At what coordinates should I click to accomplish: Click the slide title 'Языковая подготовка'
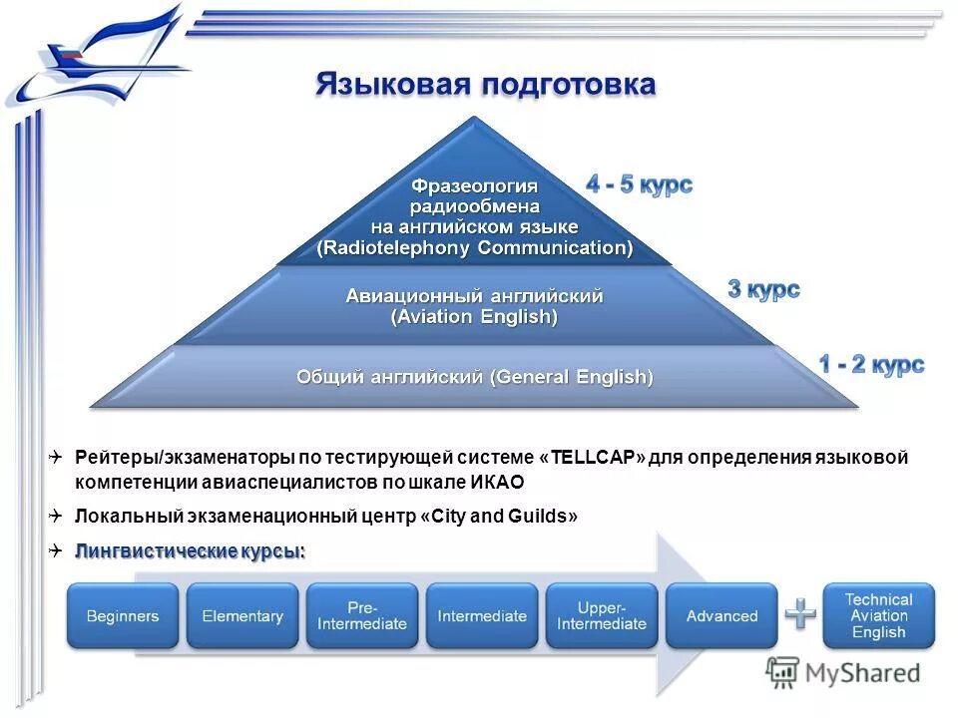coord(485,84)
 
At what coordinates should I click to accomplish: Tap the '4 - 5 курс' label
coord(639,184)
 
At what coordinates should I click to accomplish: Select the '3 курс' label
coord(763,290)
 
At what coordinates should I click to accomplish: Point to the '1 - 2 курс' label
coord(871,365)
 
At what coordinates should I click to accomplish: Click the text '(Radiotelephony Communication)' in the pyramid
coord(474,248)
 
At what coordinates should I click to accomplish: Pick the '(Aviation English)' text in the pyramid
coord(474,317)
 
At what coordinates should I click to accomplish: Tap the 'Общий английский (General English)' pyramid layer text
coord(474,377)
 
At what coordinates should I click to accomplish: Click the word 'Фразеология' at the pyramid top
coord(474,186)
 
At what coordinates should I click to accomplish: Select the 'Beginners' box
coord(123,616)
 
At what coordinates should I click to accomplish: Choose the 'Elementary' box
coord(242,616)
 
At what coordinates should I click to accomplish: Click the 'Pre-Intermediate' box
coord(362,616)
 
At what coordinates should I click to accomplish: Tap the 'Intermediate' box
coord(482,616)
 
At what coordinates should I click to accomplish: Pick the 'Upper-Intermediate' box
coord(602,616)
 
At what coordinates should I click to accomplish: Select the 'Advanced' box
coord(721,616)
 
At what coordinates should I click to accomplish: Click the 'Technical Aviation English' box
coord(878,616)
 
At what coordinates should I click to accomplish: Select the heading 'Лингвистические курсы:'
coord(190,551)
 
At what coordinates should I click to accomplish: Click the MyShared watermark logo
coord(843,673)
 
